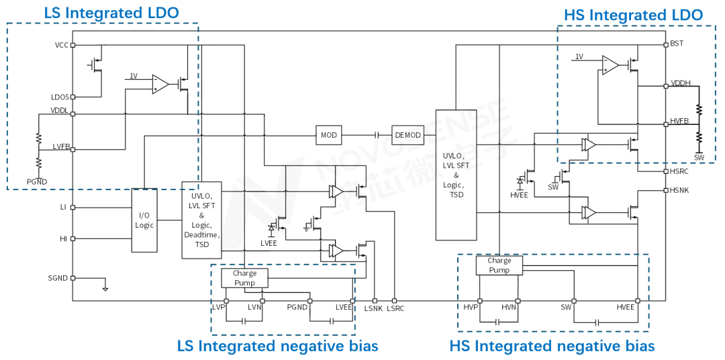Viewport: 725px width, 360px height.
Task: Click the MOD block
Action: tap(329, 135)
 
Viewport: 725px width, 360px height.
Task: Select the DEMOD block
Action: tap(407, 135)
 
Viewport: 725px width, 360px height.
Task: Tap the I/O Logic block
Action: tap(144, 220)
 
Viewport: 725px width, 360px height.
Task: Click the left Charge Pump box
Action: tap(244, 278)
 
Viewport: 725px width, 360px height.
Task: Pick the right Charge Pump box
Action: tap(499, 265)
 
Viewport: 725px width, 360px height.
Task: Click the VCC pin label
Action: tap(61, 45)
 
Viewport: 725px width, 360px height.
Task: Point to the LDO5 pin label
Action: tap(60, 97)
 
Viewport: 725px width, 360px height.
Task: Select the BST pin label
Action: tap(677, 44)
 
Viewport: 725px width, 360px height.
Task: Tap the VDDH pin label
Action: tap(681, 84)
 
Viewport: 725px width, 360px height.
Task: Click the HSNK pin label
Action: tap(679, 190)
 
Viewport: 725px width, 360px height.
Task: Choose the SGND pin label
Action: tap(58, 277)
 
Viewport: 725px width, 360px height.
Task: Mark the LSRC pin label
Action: tap(395, 308)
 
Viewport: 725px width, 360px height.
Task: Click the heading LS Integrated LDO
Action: tap(111, 13)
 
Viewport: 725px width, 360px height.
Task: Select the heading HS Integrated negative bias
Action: tap(552, 346)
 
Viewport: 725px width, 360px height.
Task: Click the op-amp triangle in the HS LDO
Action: tap(610, 65)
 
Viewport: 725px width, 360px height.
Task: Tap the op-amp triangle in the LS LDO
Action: tap(160, 84)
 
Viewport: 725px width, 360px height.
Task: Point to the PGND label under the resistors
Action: tap(37, 181)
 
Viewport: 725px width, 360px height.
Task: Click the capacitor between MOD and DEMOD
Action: tap(377, 135)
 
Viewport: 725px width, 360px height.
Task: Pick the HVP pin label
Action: tap(470, 307)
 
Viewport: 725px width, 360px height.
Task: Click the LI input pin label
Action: tap(63, 208)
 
